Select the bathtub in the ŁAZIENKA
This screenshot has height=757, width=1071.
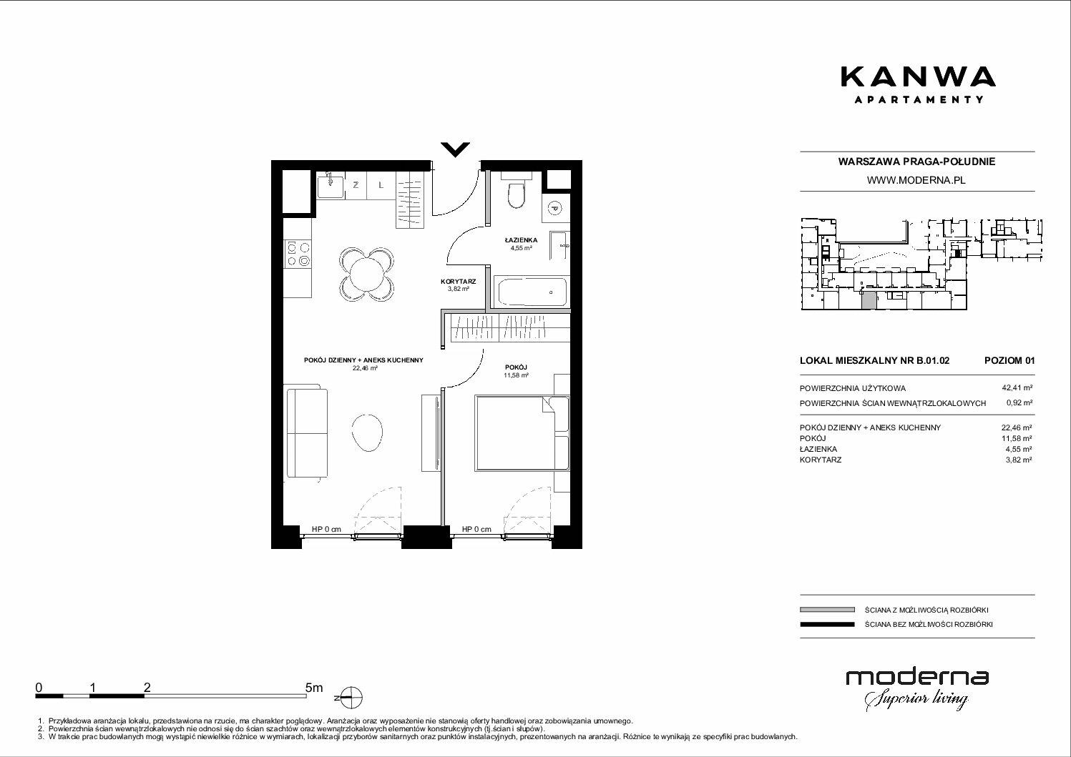coord(532,292)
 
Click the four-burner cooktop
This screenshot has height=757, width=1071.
coord(298,254)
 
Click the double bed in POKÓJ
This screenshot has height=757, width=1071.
coord(522,432)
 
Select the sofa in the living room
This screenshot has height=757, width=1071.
coord(307,433)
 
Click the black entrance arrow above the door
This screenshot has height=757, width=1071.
coord(455,149)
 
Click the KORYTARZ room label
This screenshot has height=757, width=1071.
coord(458,282)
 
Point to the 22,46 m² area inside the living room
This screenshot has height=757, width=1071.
coord(365,368)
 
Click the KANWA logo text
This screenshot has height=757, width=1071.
coord(919,76)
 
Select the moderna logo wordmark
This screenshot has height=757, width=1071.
coord(917,678)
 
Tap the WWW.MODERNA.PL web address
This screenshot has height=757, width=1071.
coord(916,180)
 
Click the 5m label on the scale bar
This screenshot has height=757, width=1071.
coord(314,687)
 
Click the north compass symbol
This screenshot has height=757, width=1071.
coord(351,698)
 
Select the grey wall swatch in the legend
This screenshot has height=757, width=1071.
coord(827,610)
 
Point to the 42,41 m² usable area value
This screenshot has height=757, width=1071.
coord(1017,388)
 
